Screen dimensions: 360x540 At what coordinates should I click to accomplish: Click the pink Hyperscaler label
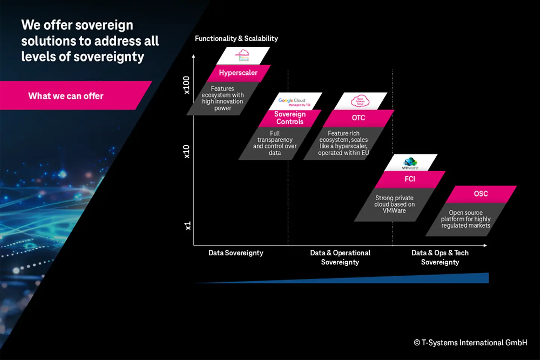click(x=238, y=73)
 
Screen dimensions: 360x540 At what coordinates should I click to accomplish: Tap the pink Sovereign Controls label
click(x=290, y=118)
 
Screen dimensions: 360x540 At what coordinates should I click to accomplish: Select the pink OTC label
click(x=358, y=118)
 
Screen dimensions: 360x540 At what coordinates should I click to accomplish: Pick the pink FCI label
click(x=410, y=179)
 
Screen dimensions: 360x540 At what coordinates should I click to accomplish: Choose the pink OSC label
click(x=481, y=194)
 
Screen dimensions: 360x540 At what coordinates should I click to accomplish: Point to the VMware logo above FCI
click(x=410, y=163)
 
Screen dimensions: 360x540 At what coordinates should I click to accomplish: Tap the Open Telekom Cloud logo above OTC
click(x=360, y=101)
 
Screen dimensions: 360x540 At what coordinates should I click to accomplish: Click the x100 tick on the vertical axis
click(x=186, y=85)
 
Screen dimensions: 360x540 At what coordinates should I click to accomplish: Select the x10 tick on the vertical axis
click(x=186, y=151)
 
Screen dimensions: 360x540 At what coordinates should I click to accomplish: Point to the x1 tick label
click(x=187, y=226)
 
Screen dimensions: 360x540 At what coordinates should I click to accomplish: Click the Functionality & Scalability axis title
click(x=236, y=39)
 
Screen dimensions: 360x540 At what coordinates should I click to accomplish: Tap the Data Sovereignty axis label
click(x=236, y=253)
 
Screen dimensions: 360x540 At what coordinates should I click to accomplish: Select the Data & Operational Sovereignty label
click(x=340, y=258)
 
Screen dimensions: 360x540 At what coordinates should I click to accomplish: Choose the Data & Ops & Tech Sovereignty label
click(x=440, y=258)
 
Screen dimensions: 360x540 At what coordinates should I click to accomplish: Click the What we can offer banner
click(x=66, y=96)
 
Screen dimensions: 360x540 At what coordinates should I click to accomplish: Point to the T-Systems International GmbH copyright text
click(x=470, y=343)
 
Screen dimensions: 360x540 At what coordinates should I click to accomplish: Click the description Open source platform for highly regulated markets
click(x=466, y=219)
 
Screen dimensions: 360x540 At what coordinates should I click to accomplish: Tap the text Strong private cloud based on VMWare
click(x=394, y=204)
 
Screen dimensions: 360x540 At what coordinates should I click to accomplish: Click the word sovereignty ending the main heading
click(x=109, y=57)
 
